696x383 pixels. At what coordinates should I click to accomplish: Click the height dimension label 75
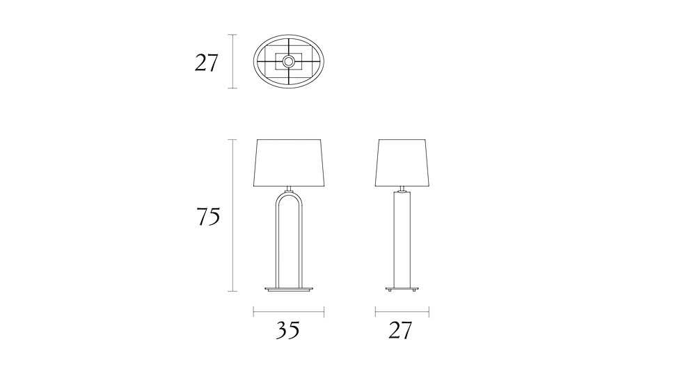(208, 217)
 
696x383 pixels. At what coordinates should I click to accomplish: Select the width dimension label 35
(287, 330)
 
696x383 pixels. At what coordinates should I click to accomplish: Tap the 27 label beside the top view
(206, 63)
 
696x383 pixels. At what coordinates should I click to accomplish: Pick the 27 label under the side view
(400, 330)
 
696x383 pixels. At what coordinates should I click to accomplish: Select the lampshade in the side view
(402, 163)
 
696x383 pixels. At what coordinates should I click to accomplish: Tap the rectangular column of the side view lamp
(402, 240)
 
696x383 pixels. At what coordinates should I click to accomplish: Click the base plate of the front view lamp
(289, 288)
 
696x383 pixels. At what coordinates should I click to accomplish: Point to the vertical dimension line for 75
(233, 215)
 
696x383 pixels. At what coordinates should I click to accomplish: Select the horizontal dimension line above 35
(289, 311)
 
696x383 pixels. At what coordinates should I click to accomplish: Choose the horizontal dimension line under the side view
(402, 311)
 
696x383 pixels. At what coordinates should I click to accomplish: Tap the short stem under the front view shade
(289, 188)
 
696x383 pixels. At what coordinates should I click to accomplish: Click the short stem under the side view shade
(402, 189)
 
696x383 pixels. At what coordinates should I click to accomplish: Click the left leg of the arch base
(274, 244)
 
